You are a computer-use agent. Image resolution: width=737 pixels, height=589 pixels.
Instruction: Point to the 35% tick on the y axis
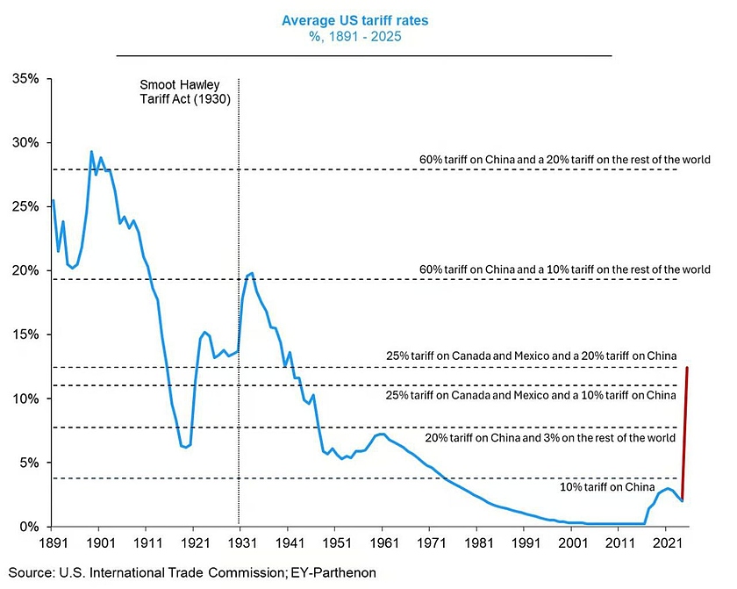tap(25, 79)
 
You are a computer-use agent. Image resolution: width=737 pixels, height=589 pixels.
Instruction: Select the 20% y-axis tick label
tap(25, 270)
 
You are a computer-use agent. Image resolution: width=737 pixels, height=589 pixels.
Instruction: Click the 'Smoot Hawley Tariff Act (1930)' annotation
tap(185, 92)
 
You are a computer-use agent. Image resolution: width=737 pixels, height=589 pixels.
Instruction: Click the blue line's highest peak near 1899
tap(91, 152)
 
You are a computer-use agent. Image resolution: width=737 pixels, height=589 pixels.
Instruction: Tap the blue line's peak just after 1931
tap(253, 273)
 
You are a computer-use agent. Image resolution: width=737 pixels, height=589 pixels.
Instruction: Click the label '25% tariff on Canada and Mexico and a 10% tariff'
tap(531, 395)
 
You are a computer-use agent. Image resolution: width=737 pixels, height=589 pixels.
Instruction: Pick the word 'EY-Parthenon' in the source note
tap(333, 572)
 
